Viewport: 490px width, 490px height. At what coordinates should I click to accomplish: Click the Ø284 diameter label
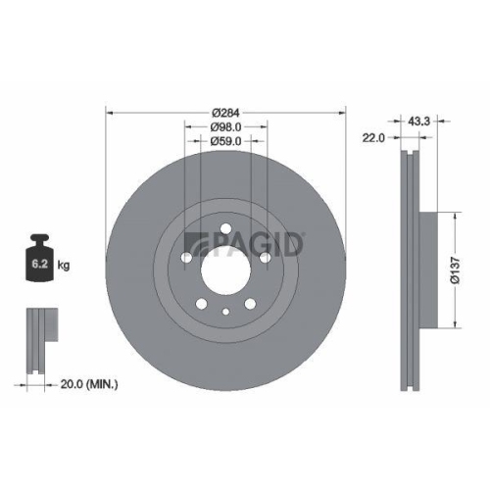point(225,112)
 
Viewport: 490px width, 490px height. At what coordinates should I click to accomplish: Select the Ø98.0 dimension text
point(225,126)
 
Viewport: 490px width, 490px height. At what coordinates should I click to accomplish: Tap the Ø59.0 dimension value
point(225,141)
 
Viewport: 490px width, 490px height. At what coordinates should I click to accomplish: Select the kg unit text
point(64,265)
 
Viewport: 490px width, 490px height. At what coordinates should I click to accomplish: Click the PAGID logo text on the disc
point(250,241)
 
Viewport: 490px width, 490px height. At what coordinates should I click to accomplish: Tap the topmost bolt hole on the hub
point(225,231)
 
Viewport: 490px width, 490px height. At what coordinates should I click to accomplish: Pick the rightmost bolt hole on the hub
point(265,258)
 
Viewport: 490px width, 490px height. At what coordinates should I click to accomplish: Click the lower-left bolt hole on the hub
point(201,302)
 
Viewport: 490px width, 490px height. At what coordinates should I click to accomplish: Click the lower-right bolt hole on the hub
point(250,302)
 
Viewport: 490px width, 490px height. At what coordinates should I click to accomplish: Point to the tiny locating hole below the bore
point(225,312)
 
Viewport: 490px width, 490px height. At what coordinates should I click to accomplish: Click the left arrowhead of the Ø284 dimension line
point(107,112)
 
